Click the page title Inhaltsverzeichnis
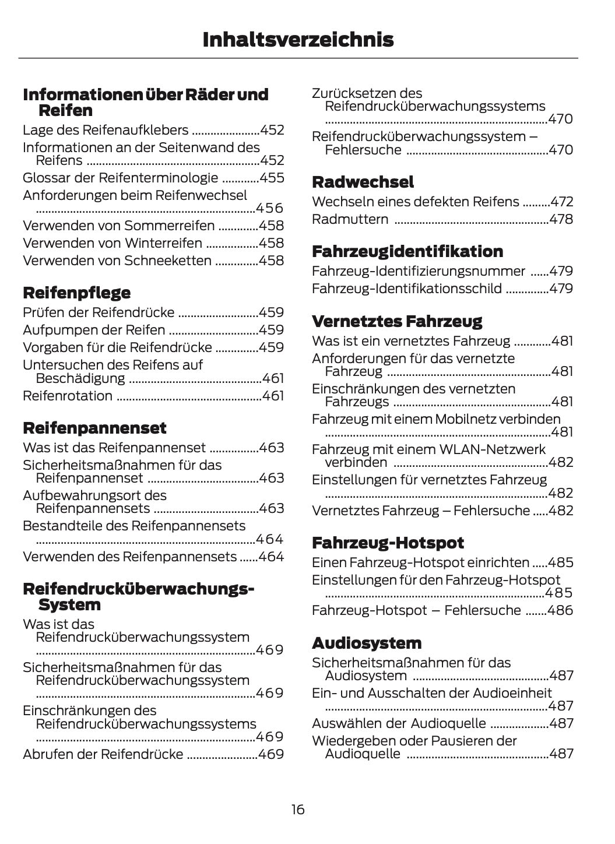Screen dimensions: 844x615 pyautogui.click(x=298, y=40)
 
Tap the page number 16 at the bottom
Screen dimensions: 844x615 pyautogui.click(x=298, y=810)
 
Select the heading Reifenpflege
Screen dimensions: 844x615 pyautogui.click(x=76, y=293)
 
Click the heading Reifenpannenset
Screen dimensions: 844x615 pyautogui.click(x=94, y=428)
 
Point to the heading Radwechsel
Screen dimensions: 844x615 pyautogui.click(x=363, y=182)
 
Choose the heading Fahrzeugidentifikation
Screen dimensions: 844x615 pyautogui.click(x=407, y=251)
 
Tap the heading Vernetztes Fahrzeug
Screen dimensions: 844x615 pyautogui.click(x=397, y=321)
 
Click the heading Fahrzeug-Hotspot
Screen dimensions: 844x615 pyautogui.click(x=388, y=543)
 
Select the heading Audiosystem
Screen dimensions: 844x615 pyautogui.click(x=366, y=643)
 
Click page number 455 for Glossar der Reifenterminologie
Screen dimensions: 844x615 pyautogui.click(x=272, y=178)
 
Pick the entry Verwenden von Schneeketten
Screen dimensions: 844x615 pyautogui.click(x=117, y=261)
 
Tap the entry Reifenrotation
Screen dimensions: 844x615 pyautogui.click(x=68, y=396)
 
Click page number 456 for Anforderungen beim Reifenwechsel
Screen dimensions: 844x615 pyautogui.click(x=270, y=208)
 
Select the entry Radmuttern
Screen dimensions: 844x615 pyautogui.click(x=350, y=219)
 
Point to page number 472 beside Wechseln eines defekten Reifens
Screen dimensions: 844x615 pyautogui.click(x=562, y=202)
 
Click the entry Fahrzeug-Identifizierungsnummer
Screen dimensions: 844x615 pyautogui.click(x=418, y=271)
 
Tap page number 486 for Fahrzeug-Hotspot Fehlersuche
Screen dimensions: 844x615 pyautogui.click(x=561, y=610)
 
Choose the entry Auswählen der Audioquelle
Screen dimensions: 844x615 pyautogui.click(x=399, y=723)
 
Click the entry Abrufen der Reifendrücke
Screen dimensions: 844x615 pyautogui.click(x=103, y=754)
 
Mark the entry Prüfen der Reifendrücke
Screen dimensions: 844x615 pyautogui.click(x=98, y=312)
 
